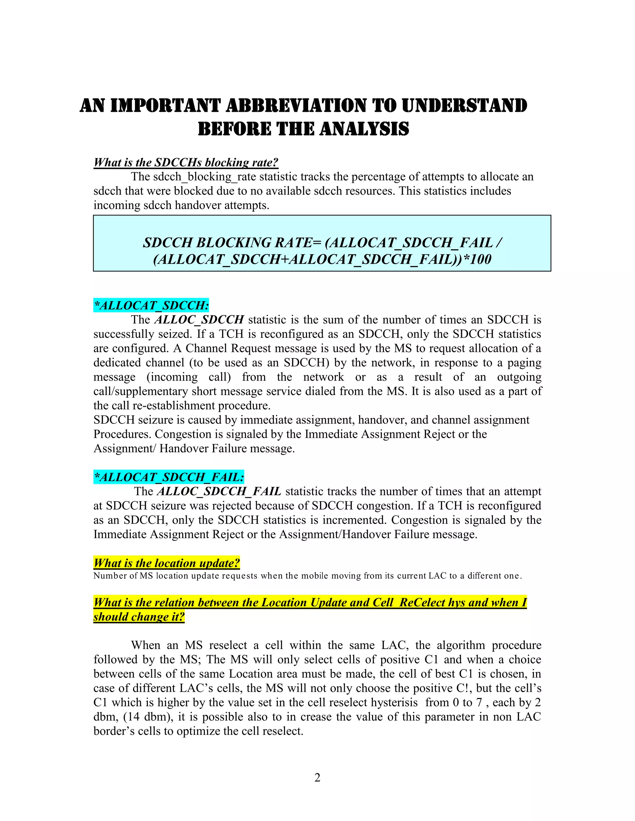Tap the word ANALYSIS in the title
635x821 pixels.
(x=364, y=129)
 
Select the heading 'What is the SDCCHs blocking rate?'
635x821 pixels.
(x=186, y=162)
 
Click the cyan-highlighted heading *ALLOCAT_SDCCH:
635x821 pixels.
(x=151, y=305)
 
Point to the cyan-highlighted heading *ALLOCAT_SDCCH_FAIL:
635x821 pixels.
(x=169, y=477)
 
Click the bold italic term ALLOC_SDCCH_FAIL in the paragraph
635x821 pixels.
(x=219, y=491)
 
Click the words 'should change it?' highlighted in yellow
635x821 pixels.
(x=139, y=617)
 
